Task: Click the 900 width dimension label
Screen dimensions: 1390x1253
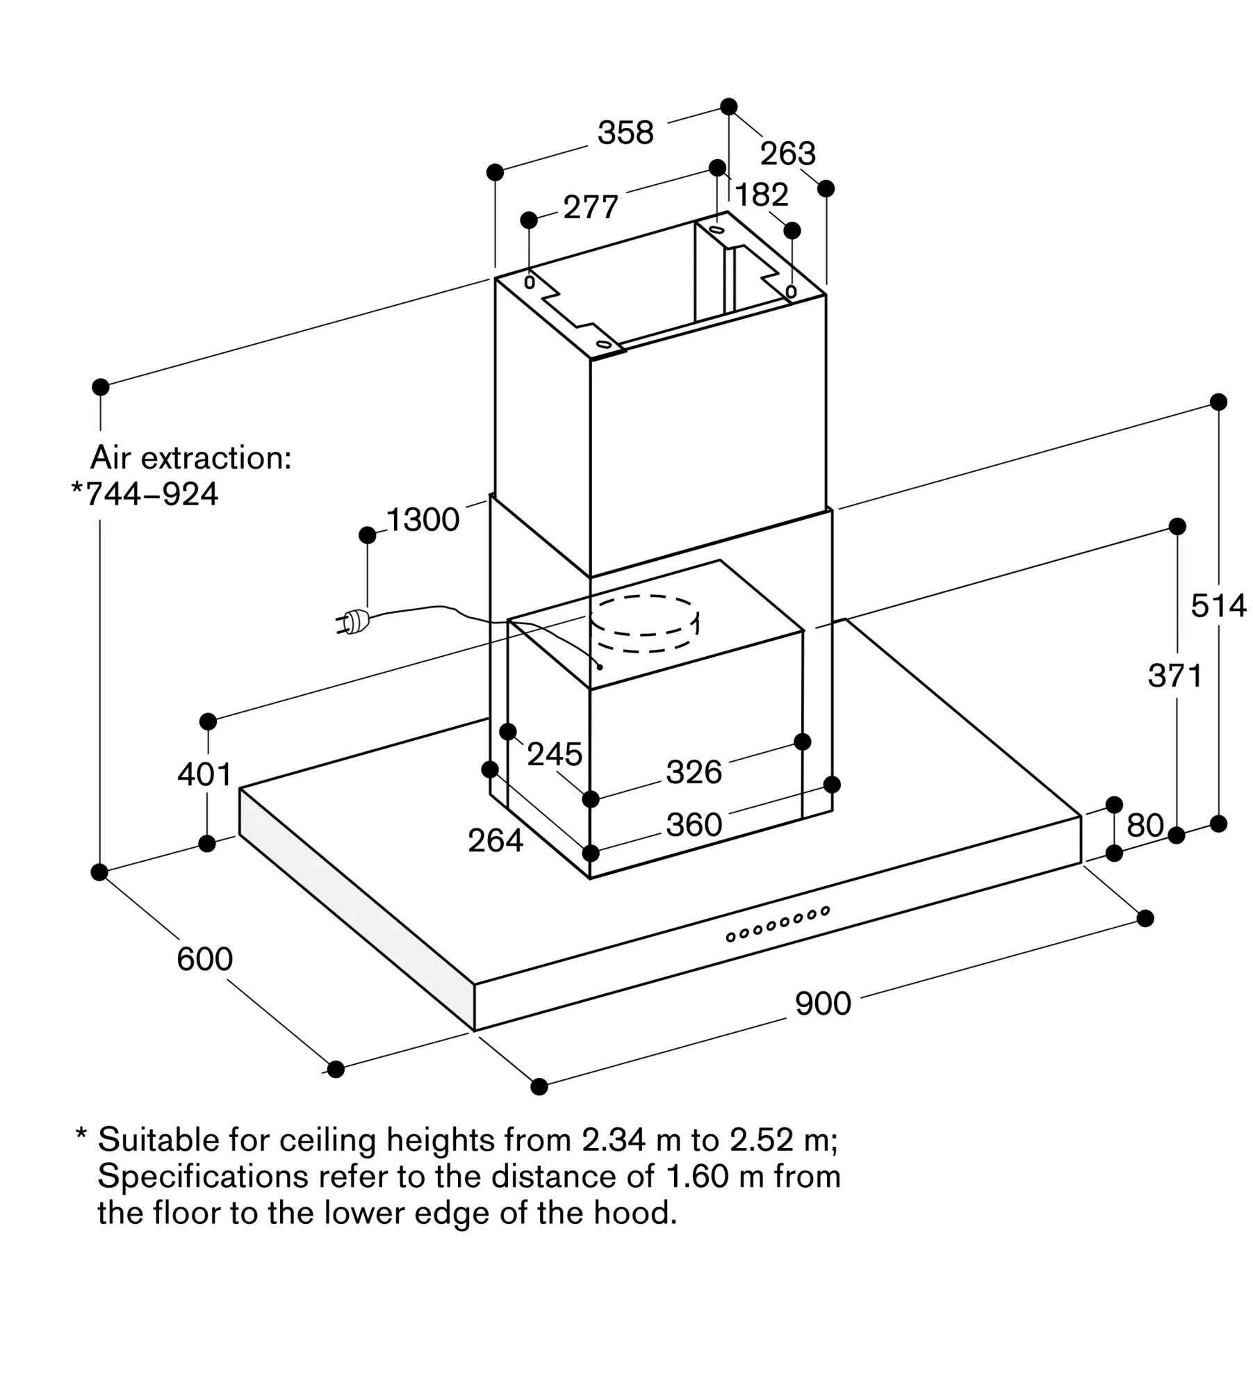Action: (x=823, y=1004)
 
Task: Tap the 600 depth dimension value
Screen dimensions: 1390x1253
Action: (x=204, y=959)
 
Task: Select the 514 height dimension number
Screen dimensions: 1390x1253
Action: (x=1218, y=606)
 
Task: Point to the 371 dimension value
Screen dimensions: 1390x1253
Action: (x=1175, y=676)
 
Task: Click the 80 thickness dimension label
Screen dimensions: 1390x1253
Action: (x=1145, y=826)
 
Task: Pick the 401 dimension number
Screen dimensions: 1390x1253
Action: (x=204, y=774)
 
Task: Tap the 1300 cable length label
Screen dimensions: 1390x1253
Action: (x=423, y=520)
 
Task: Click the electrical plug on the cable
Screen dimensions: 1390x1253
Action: (x=354, y=621)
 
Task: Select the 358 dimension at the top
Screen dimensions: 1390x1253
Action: (x=625, y=133)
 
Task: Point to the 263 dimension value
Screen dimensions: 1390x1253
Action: (x=787, y=154)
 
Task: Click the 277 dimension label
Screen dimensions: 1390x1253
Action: (x=590, y=207)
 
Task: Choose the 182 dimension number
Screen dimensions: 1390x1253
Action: (x=762, y=195)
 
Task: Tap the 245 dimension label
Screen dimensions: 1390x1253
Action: (x=554, y=754)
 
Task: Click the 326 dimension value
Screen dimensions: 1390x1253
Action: (x=694, y=772)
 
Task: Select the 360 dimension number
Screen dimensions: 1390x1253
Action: (x=694, y=825)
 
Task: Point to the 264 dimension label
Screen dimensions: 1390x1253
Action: (x=495, y=841)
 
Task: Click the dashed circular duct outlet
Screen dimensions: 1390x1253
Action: (x=644, y=624)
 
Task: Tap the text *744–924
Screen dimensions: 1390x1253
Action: (x=145, y=494)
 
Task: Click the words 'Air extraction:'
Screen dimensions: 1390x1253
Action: (x=191, y=458)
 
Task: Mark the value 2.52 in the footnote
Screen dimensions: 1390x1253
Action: (x=762, y=1140)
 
